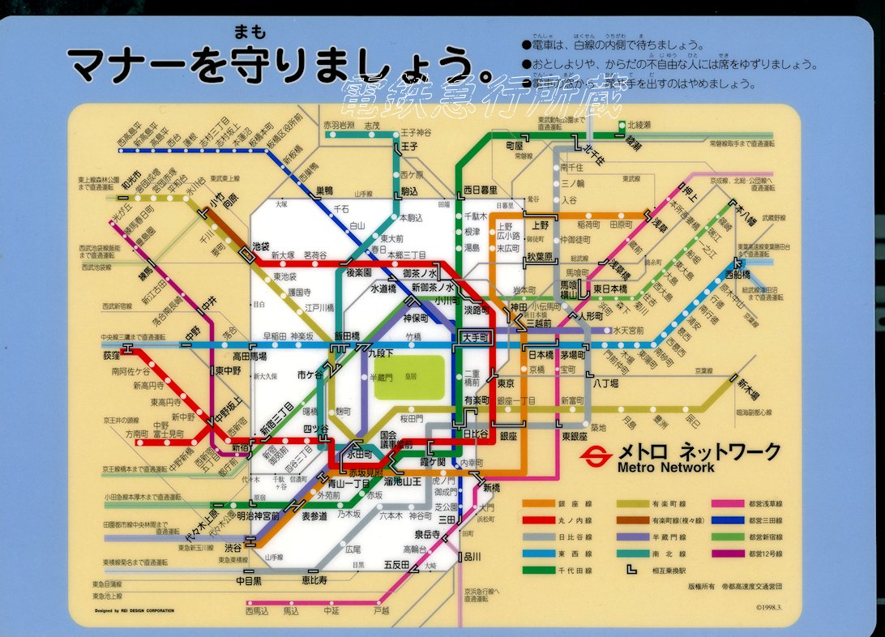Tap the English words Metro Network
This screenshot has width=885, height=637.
click(x=666, y=467)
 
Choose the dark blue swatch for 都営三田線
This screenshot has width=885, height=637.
click(x=728, y=519)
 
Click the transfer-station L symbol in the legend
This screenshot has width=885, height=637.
click(x=633, y=569)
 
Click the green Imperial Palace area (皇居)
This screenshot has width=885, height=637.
click(x=408, y=377)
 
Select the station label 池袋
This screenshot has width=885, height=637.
click(x=261, y=245)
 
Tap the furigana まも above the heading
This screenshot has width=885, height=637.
click(x=246, y=32)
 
